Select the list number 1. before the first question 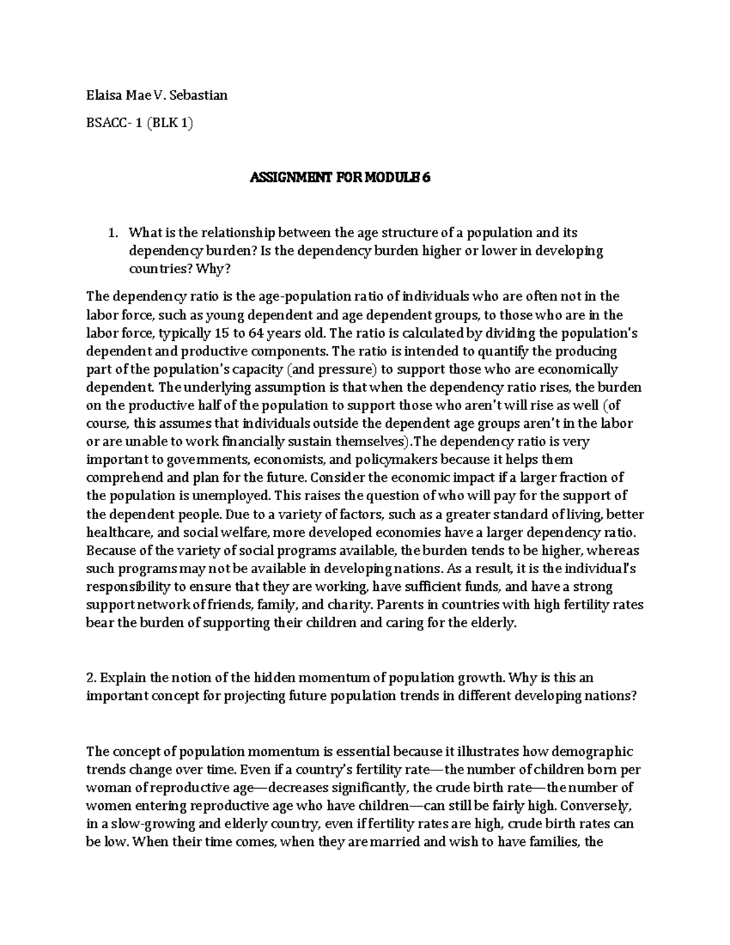click(112, 232)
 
